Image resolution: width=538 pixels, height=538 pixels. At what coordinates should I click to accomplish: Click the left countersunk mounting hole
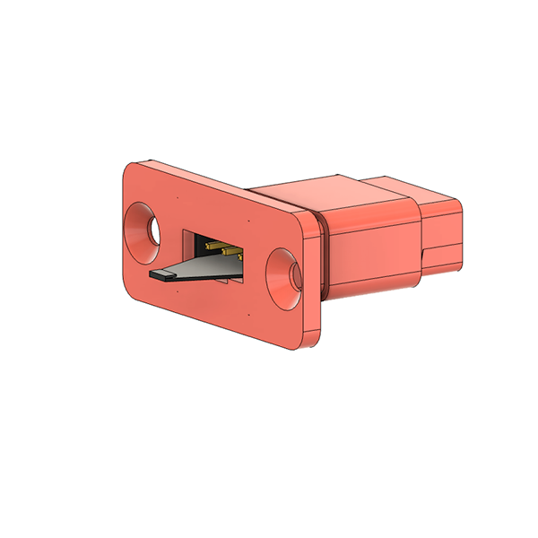(x=143, y=229)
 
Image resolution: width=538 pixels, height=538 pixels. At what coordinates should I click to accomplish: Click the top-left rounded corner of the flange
(x=130, y=169)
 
